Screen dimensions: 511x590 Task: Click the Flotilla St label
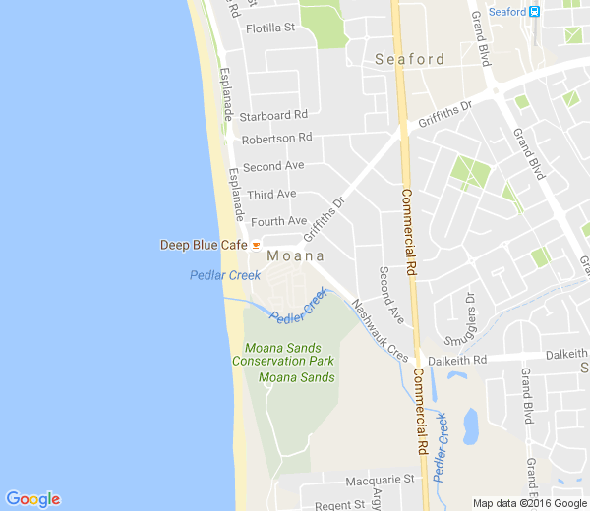point(270,28)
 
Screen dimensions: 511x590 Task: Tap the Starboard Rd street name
point(280,115)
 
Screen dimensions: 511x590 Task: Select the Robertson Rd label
point(276,139)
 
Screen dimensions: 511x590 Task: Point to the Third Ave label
point(271,195)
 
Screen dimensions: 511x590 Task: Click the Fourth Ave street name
point(278,221)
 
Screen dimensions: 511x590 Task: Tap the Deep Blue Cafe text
point(204,245)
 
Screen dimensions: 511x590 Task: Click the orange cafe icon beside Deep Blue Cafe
point(256,245)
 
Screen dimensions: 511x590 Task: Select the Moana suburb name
point(296,256)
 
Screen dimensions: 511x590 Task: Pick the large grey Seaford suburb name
point(410,59)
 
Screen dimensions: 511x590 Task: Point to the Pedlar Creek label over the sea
point(225,275)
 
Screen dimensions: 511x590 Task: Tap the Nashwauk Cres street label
point(380,328)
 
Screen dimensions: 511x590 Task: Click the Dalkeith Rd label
point(460,360)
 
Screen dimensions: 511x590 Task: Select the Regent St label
point(339,505)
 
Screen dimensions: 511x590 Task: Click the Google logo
point(32,499)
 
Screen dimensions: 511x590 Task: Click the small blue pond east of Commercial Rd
point(470,426)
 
